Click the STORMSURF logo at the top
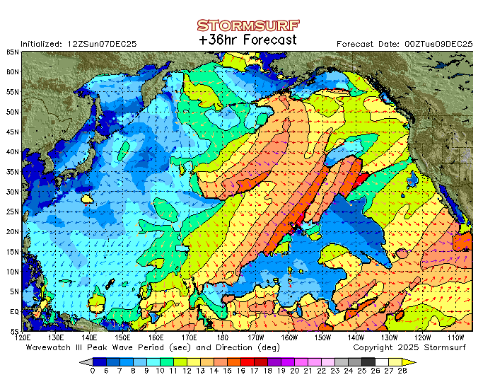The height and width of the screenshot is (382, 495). pos(247,25)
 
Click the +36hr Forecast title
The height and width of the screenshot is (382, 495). pos(248,40)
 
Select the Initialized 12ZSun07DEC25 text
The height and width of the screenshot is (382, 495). pos(78,44)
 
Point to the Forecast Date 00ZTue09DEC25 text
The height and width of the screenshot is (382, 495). pos(404,44)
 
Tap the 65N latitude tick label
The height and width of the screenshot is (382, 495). pos(13,52)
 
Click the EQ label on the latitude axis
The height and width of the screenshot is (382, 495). pos(13,311)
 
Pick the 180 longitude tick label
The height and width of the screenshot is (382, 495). pos(223,337)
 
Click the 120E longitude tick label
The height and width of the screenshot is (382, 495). pos(24,337)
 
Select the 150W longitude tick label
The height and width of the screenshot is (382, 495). pos(322,337)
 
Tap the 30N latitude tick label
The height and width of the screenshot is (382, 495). pos(13,192)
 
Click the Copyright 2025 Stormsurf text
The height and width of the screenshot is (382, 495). pos(412,348)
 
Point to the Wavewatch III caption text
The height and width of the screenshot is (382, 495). pos(124,348)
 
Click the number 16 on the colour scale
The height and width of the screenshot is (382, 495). pos(240,371)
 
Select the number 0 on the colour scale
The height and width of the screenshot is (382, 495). pos(93,371)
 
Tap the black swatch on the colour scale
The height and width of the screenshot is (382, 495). pos(368,361)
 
